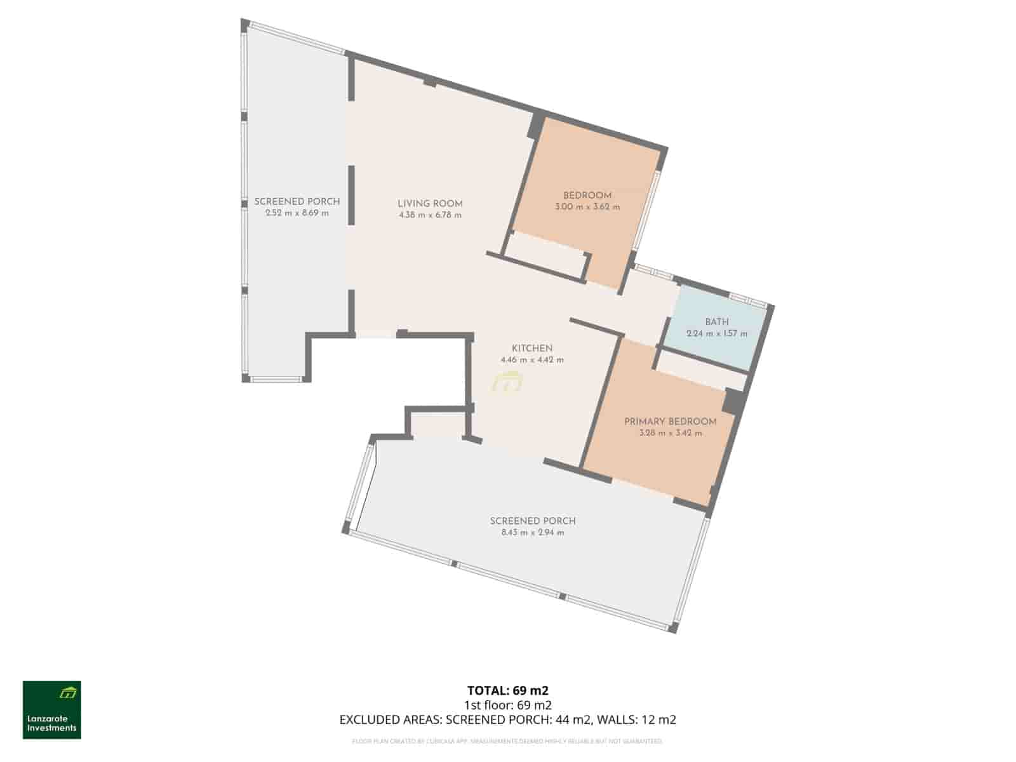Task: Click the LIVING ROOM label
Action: (430, 204)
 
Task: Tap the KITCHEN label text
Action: (532, 348)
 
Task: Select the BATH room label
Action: (716, 322)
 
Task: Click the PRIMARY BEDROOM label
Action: (670, 422)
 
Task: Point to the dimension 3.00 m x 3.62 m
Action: (587, 207)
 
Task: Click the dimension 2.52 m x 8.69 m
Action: (297, 213)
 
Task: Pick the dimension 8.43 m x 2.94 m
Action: (532, 533)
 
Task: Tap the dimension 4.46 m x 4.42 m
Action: (532, 360)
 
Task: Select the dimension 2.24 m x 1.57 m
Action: (716, 334)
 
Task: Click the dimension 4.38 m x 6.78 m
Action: (430, 215)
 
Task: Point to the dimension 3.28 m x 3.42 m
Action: (670, 433)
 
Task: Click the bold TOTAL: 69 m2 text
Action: (507, 690)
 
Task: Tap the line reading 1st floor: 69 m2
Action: (507, 705)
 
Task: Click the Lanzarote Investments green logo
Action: (52, 710)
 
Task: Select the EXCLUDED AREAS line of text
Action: (507, 719)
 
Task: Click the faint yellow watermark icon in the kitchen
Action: (507, 383)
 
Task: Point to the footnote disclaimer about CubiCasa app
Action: (507, 741)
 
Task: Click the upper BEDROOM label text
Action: (587, 196)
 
